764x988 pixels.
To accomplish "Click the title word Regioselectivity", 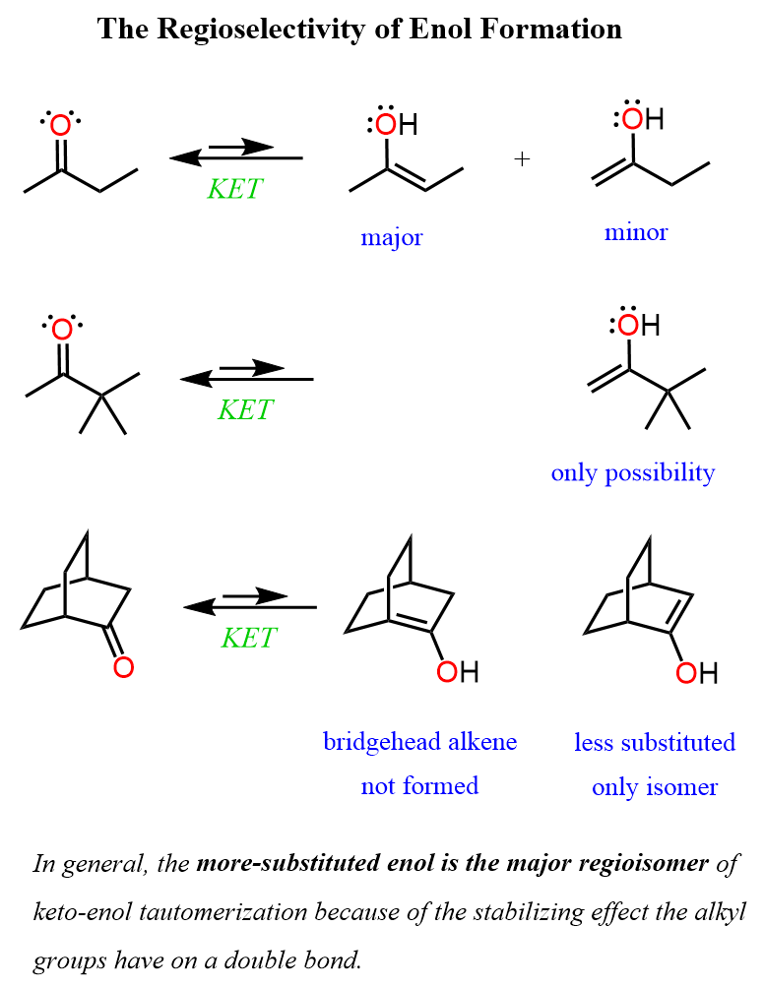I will click(259, 30).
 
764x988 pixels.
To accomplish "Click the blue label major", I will click(391, 237).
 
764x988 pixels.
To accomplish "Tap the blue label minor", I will click(636, 232).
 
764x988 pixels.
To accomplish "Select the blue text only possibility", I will click(632, 472).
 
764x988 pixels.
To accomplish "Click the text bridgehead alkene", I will click(419, 741).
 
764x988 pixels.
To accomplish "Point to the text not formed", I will click(419, 785).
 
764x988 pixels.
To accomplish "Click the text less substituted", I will click(655, 742).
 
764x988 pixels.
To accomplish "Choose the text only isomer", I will click(655, 787).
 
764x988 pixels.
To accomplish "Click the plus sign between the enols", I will click(522, 159).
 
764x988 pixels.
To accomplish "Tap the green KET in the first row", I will click(235, 189).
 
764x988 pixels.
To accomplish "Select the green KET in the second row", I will click(246, 409).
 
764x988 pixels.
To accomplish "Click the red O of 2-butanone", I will click(61, 126).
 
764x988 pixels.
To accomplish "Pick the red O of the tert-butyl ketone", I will click(62, 330).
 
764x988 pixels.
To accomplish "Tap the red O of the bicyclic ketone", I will click(122, 667).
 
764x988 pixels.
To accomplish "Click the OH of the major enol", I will click(397, 125).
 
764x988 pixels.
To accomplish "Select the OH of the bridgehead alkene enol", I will click(457, 672).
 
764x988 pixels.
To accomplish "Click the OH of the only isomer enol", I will click(696, 673).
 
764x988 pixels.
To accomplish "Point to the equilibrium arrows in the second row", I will click(247, 374).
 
